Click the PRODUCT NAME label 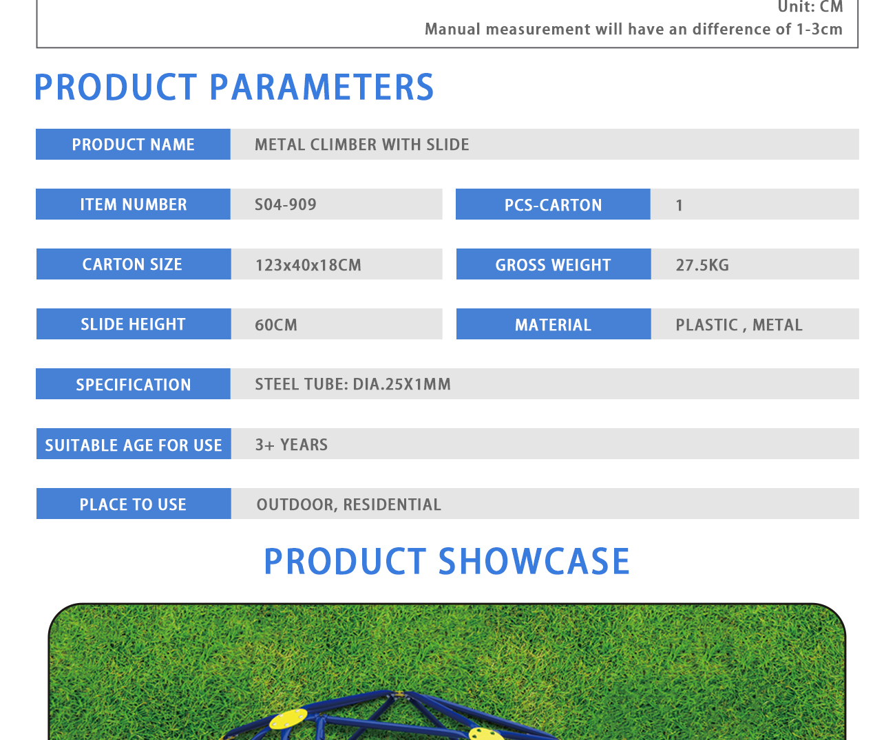(133, 145)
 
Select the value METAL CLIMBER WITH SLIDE (361, 145)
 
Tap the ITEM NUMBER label (134, 204)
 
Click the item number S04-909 (286, 204)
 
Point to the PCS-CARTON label (553, 205)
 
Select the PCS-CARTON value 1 (679, 205)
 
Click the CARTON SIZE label (132, 264)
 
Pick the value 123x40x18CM (308, 265)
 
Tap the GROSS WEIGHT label (553, 265)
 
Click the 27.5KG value (702, 265)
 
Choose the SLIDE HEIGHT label (133, 324)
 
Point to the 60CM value (275, 324)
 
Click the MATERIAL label (553, 324)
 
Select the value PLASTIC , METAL (739, 324)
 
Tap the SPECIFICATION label (134, 385)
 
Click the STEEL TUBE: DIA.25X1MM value (352, 384)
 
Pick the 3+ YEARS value (291, 445)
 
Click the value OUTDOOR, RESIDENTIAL (348, 504)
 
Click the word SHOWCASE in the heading (534, 561)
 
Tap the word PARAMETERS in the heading (322, 87)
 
